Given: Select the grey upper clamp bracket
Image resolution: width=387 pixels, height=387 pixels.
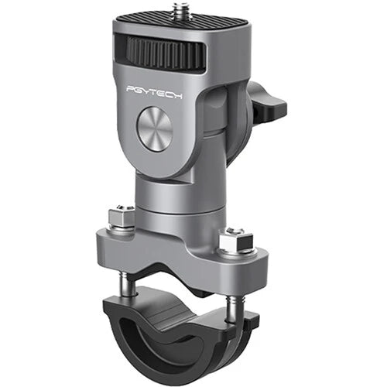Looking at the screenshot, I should coord(178,248).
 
